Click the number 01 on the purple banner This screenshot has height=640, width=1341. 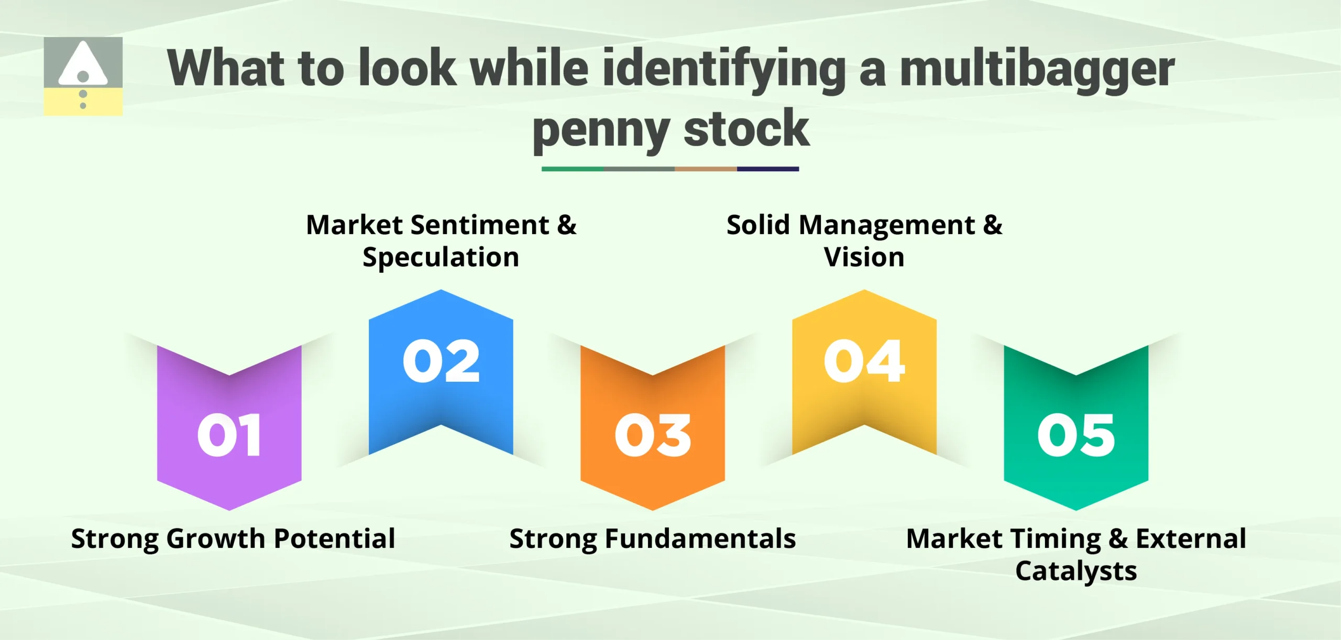229,435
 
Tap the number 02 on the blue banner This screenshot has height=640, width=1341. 441,361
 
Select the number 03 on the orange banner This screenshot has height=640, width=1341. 653,435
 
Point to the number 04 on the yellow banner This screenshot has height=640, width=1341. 864,361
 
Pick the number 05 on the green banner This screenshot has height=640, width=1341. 1076,435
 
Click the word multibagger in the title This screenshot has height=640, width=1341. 1037,69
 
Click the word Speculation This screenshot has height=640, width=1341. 441,258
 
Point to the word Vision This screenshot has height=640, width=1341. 864,257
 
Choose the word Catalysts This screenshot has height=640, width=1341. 1076,571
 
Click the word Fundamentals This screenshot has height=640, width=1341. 700,539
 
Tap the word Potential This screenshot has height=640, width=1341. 334,539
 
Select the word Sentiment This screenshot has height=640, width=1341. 480,225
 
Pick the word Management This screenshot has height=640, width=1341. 887,225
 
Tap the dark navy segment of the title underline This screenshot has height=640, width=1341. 768,169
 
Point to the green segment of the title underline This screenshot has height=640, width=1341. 572,169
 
